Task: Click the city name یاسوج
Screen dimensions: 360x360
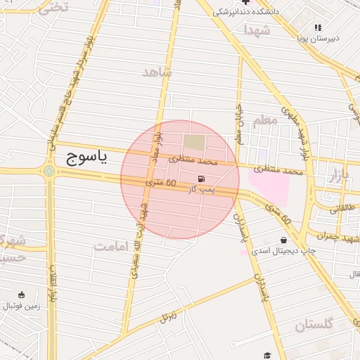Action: pos(86,157)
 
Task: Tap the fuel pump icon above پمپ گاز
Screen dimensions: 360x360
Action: pos(202,179)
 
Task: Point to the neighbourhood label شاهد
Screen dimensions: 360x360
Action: pos(157,72)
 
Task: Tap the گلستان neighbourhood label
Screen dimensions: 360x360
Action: pos(313,325)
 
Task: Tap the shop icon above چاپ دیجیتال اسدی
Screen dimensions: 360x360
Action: pos(283,240)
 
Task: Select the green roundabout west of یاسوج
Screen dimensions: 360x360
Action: pos(49,170)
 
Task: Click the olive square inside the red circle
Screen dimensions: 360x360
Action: pos(195,142)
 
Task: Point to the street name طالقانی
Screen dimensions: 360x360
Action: pos(343,207)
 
